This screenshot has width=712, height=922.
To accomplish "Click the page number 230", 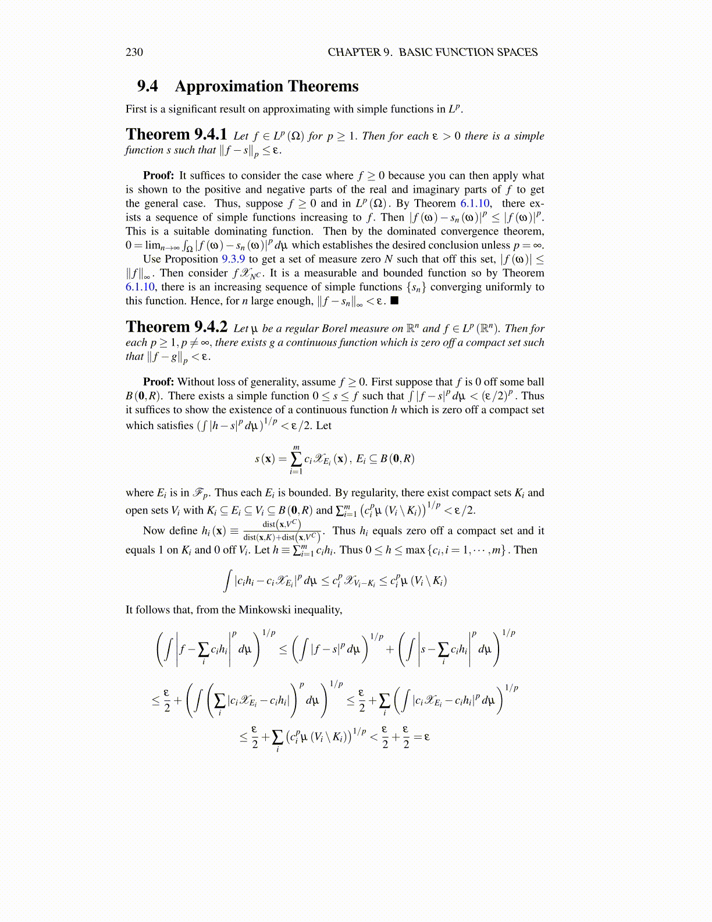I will [x=134, y=52].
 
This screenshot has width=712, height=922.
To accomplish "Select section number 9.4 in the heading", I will [x=148, y=86].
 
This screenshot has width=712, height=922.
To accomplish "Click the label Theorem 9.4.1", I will [x=176, y=135].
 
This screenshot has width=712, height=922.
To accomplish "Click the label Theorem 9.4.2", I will [x=176, y=327].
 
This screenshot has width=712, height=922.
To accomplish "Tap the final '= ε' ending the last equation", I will [x=422, y=736].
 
